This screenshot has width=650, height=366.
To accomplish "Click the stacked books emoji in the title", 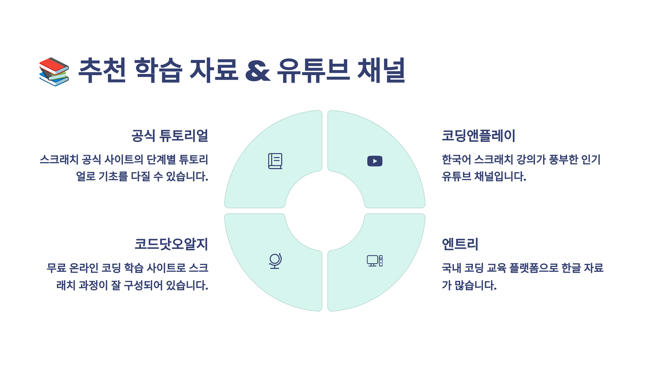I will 54,72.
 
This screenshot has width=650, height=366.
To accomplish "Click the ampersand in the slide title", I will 258,71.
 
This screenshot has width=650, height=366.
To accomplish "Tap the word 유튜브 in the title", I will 313,70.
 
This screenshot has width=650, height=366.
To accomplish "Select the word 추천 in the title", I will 102,70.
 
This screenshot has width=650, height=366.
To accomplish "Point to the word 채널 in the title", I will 381,70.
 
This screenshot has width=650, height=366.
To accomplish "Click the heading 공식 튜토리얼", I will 170,136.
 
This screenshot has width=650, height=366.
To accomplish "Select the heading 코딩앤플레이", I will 479,136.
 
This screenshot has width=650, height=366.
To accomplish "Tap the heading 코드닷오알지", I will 171,244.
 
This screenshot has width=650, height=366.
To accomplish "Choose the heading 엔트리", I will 460,244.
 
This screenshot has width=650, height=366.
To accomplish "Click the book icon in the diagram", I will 275,161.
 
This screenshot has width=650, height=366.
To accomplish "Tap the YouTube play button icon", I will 375,161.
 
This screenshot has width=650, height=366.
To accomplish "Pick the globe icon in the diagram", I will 275,261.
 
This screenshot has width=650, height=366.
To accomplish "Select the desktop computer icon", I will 375,261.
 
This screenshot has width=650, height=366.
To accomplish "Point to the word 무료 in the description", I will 56,268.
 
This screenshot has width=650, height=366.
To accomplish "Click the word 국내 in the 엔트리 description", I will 451,268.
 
